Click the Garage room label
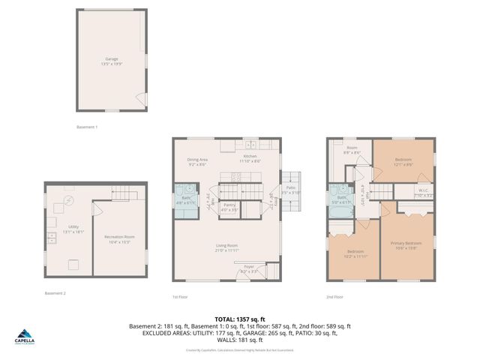pos(111,61)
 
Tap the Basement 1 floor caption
pos(88,127)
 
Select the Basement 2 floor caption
pos(55,293)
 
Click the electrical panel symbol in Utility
pos(69,201)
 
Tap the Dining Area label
pos(197,162)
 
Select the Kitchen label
pos(250,158)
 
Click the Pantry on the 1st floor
pos(229,207)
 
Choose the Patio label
pos(291,190)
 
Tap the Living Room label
pos(227,248)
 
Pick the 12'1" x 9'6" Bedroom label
pos(403,162)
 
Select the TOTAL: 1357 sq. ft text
pos(240,318)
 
